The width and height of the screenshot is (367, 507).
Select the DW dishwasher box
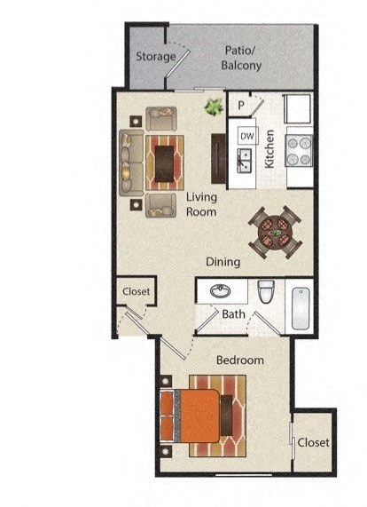coord(246,136)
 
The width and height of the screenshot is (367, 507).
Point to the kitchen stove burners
coord(300,150)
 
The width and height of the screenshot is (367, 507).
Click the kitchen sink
coord(245,160)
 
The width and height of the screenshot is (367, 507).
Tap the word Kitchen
coord(270,148)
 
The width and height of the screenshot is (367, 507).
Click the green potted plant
coord(213,107)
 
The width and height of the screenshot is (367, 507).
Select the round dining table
coord(275,231)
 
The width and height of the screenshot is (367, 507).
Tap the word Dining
coord(223,262)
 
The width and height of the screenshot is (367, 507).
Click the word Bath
coord(234,314)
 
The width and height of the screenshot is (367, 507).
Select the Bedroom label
coord(240,360)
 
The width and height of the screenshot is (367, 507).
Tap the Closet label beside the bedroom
coord(313,442)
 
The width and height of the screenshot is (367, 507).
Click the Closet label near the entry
coord(136,291)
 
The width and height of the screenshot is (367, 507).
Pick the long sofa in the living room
coord(132,162)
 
